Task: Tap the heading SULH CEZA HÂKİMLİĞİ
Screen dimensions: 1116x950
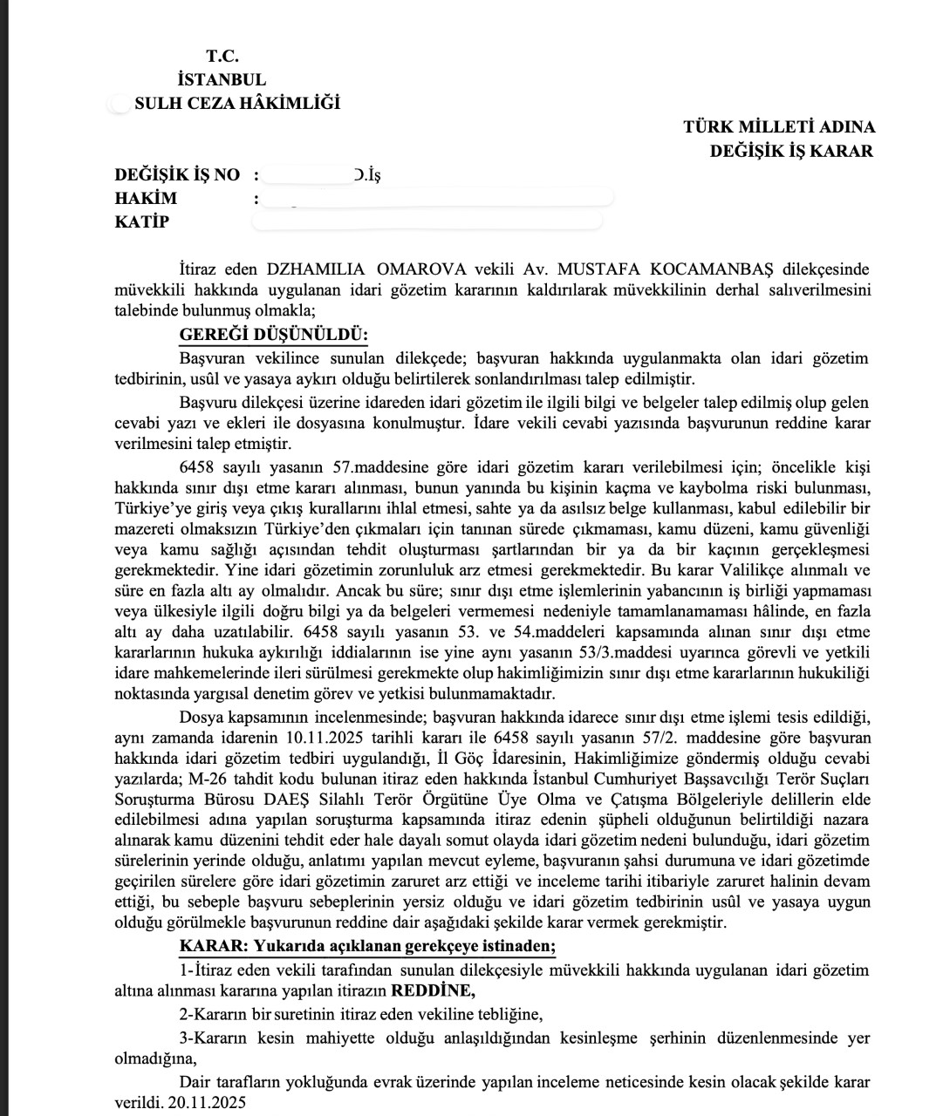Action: (237, 103)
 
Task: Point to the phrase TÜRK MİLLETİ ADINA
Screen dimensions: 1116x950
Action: (779, 126)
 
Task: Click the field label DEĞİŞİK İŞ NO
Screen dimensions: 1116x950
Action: (177, 174)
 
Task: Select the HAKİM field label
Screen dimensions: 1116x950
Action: (146, 198)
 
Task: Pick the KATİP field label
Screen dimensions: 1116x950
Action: (142, 221)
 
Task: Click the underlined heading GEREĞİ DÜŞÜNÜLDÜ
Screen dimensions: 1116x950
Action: (274, 336)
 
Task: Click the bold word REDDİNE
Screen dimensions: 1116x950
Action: (433, 990)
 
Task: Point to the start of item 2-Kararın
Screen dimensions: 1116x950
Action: (213, 1014)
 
